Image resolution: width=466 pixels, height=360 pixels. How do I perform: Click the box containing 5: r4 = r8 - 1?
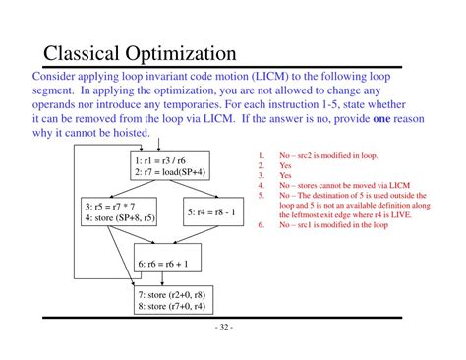[x=219, y=211]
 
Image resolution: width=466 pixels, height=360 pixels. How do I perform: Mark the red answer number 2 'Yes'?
[x=285, y=165]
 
